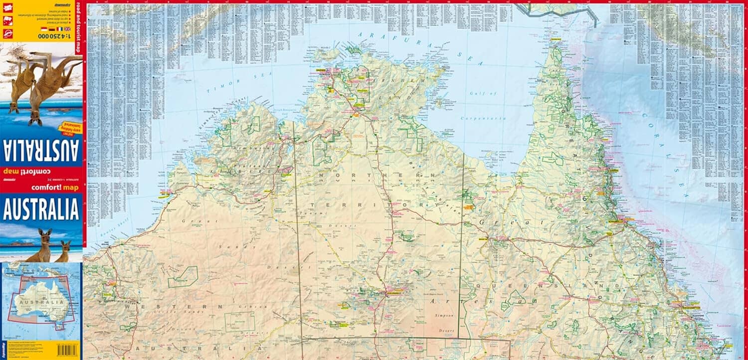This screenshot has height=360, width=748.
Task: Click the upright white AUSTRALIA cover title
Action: [x=41, y=209]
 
